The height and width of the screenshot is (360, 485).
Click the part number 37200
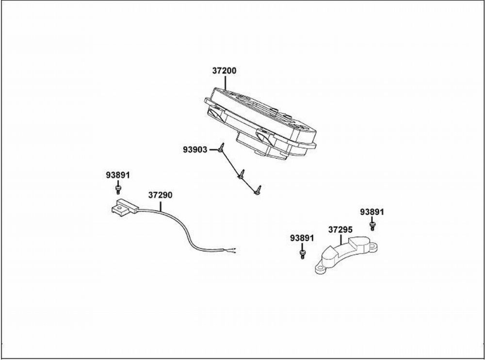224,71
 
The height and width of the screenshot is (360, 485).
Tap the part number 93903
195,150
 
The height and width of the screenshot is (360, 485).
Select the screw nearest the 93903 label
221,148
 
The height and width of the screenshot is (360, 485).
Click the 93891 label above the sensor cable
118,175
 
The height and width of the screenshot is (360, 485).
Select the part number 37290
160,196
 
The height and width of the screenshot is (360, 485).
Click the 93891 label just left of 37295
302,238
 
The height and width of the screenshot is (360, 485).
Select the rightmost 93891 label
372,212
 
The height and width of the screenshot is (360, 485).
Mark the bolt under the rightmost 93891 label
372,225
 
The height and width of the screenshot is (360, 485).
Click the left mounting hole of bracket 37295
320,268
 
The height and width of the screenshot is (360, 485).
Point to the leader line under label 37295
341,238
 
